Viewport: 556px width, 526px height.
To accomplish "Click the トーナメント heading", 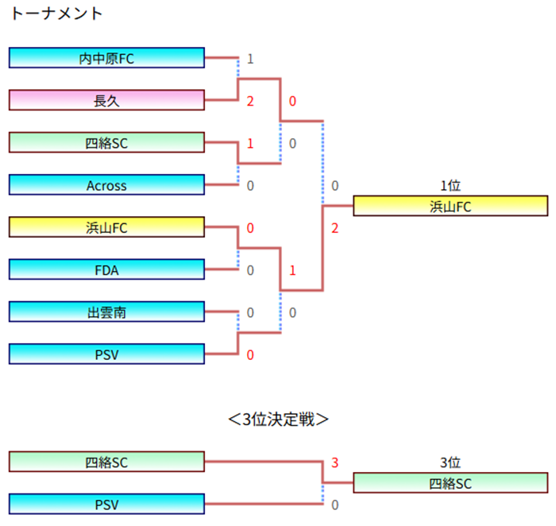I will [56, 14].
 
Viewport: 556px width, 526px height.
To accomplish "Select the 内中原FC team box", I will [106, 58].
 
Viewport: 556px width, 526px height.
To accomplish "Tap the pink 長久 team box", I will [106, 100].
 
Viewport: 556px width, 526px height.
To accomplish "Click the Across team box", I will [106, 185].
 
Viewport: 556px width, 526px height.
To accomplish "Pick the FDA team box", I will [106, 270].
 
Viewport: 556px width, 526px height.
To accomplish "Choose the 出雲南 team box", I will [106, 312].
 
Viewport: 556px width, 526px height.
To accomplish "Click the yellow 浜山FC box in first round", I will [106, 227].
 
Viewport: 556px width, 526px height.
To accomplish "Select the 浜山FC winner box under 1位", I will [450, 207].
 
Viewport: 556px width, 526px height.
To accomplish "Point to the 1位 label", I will [450, 186].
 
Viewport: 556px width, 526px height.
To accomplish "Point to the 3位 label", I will [450, 462].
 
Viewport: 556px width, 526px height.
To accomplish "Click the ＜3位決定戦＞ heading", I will [278, 420].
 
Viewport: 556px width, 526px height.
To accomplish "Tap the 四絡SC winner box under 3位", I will [450, 483].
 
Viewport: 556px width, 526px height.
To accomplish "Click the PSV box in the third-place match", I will [106, 504].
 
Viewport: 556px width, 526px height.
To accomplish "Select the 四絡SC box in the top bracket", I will [106, 143].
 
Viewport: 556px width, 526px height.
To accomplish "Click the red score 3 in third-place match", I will [335, 462].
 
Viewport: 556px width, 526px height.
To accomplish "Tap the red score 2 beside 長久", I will [250, 102].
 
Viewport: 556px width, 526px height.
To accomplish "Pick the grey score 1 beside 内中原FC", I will [250, 59].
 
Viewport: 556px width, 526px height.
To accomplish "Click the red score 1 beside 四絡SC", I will [250, 144].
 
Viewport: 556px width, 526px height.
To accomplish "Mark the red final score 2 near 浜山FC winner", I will [335, 229].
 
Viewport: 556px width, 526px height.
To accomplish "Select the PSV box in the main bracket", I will [106, 354].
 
